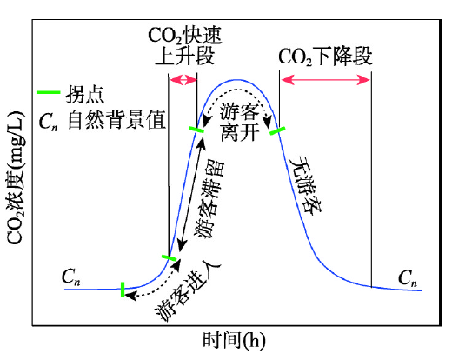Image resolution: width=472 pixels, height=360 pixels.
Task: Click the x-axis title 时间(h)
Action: pos(234,341)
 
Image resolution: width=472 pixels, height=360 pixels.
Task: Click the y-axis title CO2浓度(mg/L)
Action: pos(15,177)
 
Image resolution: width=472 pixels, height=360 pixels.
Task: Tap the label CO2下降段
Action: pos(325,57)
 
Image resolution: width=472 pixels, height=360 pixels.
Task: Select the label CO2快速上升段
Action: pos(184,45)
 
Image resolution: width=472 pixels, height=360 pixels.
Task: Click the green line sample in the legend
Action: pos(48,92)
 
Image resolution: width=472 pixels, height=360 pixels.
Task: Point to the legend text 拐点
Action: pos(85,94)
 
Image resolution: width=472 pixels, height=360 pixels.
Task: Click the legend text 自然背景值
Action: pos(116,120)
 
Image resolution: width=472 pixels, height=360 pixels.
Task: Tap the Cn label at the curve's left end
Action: pos(71,277)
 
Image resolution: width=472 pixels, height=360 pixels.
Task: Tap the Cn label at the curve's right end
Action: pos(408,277)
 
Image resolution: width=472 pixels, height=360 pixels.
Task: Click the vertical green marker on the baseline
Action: pos(123,290)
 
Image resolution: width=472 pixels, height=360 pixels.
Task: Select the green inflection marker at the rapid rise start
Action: pos(169,258)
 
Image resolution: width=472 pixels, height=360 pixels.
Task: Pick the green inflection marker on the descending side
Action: pos(277,130)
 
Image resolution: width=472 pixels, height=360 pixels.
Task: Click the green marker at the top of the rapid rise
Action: pos(196,130)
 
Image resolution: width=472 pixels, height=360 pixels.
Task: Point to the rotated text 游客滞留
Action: pos(210,200)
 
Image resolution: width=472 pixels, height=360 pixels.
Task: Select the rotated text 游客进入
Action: pos(188,290)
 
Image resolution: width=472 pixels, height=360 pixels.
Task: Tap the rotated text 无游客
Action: pos(305,184)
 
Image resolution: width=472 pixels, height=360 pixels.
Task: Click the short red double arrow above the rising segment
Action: pos(183,80)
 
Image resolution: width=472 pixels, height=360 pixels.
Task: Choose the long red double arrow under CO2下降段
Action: pos(325,80)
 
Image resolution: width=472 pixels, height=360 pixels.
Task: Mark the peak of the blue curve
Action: pos(238,80)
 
